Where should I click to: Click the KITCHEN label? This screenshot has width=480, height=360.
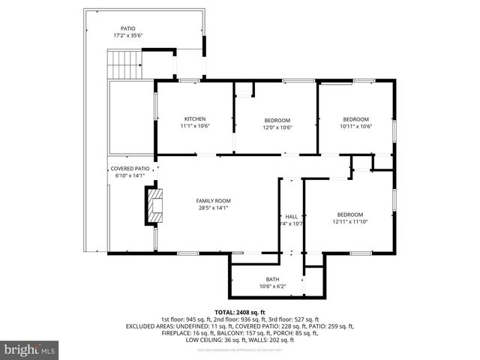click(x=195, y=119)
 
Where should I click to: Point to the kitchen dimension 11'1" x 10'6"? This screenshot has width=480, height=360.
click(x=195, y=127)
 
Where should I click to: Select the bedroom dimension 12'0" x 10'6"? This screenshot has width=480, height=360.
click(x=277, y=127)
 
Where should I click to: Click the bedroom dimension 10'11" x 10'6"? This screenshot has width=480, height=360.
click(x=356, y=127)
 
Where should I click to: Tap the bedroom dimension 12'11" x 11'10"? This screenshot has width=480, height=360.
click(x=350, y=222)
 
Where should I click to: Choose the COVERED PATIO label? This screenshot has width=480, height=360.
click(x=130, y=169)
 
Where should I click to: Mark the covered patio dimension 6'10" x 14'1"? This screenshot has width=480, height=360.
click(x=130, y=175)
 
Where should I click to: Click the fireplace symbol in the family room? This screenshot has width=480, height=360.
click(x=154, y=205)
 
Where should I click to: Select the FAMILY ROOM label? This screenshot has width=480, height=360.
click(x=213, y=201)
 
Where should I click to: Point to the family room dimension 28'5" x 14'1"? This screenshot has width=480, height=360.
click(x=213, y=208)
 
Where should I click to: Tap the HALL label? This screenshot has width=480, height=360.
click(x=292, y=216)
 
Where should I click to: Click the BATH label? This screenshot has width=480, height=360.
click(x=271, y=279)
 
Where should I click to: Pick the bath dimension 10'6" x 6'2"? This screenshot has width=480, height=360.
click(x=271, y=286)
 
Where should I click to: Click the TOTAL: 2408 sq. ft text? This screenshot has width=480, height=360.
click(x=240, y=312)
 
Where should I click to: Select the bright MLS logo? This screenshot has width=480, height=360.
click(x=30, y=349)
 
